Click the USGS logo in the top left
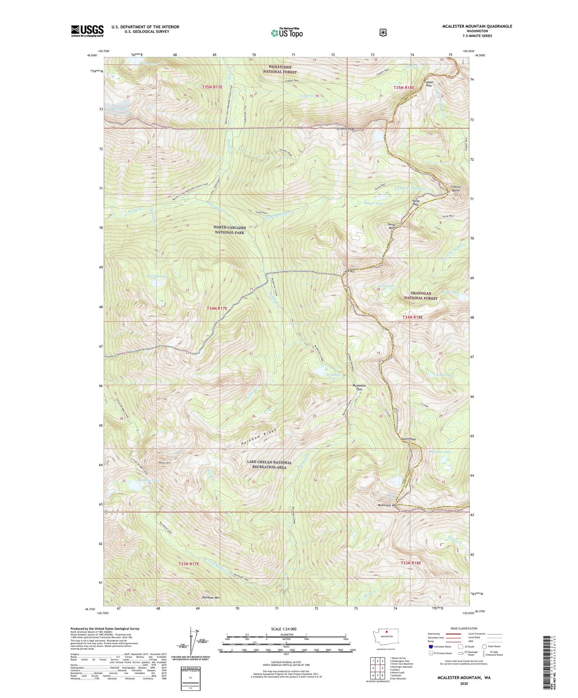coord(87,31)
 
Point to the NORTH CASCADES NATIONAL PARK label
coord(229,230)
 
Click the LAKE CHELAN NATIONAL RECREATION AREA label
coord(269,465)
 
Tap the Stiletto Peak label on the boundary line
coord(345,129)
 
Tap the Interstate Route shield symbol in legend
coord(431,646)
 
